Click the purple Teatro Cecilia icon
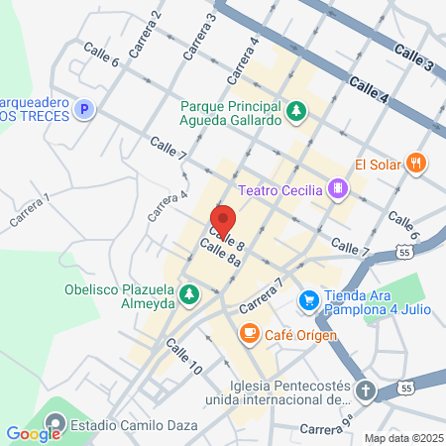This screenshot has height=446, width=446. (x=339, y=187)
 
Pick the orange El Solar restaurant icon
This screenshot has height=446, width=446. (x=417, y=164)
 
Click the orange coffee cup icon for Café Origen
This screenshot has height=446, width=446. (x=249, y=334)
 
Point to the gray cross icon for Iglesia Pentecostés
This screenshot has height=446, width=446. (x=366, y=389)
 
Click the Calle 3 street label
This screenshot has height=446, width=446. (x=412, y=56)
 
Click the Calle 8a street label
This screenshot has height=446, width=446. (x=221, y=255)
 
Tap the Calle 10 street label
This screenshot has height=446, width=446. (x=184, y=356)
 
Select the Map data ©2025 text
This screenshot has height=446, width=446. (x=401, y=438)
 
